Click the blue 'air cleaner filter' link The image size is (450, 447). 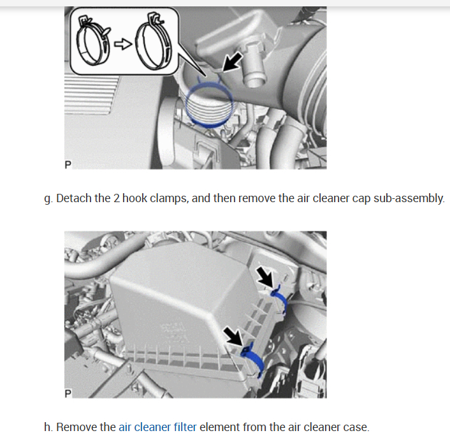pos(157,427)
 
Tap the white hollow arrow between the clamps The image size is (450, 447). pos(123,44)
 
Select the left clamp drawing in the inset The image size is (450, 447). pos(93,40)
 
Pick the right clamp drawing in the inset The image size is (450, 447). pos(154,41)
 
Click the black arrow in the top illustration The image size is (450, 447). pos(232,61)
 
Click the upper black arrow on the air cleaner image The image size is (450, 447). pos(265,276)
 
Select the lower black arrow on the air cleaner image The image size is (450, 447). pos(234,337)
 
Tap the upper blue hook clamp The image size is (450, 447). pos(280,299)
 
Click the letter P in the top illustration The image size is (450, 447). pos(68,165)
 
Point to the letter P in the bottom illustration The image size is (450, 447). pos(68,393)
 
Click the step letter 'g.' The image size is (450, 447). pos(48,199)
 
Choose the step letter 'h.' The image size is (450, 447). pos(48,427)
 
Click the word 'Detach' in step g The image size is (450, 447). pos(74,198)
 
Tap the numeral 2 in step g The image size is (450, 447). pos(116,198)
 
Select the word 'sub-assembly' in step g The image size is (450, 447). pos(409,198)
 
